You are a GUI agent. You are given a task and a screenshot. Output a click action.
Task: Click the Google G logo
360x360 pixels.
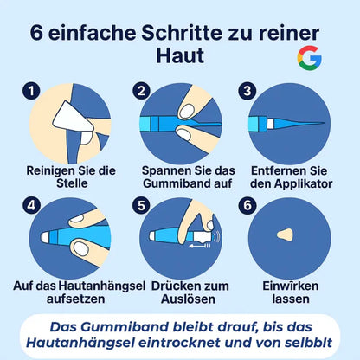pos(310,58)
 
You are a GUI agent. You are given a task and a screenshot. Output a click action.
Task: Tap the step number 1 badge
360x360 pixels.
pos(31,91)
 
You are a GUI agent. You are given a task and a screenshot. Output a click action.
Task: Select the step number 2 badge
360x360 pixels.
pos(141,91)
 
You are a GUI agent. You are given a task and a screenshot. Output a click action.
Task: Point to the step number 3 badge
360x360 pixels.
pos(247,91)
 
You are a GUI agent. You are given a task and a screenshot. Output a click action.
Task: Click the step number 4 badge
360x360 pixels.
pos(31,205)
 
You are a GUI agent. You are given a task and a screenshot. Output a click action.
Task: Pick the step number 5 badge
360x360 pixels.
pos(141,205)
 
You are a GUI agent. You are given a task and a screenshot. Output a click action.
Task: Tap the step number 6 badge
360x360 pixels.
pos(247,205)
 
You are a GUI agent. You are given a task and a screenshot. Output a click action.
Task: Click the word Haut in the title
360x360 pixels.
pos(180,55)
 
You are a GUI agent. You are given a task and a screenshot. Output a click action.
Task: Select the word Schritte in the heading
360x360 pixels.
pos(182,33)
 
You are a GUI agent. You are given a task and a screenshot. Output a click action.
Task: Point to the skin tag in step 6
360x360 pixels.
pos(285,235)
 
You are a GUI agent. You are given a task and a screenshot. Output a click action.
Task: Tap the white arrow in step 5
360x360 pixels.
pos(199,246)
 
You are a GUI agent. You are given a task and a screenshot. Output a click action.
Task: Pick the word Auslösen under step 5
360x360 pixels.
pos(188,299)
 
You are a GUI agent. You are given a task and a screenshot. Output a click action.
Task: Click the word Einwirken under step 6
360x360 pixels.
pos(291,286)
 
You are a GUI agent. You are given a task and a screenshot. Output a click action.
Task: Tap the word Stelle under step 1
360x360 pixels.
pos(72,183)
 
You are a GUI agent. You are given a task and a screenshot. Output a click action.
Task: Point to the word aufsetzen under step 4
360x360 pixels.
pos(75,299)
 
